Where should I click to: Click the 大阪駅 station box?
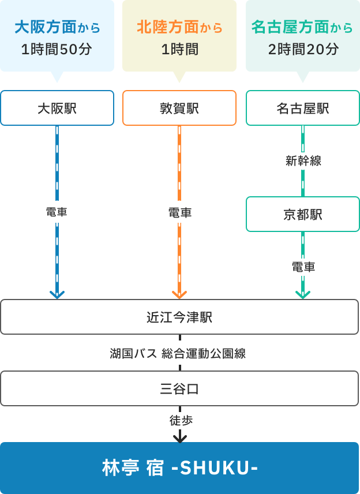[57, 108]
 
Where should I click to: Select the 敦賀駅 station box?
[179, 108]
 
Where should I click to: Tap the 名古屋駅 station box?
[303, 108]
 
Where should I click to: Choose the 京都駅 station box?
[303, 214]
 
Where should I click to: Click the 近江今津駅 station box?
[179, 317]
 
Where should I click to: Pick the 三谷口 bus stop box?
[179, 388]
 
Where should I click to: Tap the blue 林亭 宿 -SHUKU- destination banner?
[179, 467]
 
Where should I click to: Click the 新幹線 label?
[303, 161]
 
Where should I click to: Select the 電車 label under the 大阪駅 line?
[57, 212]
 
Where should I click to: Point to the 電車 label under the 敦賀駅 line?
[179, 212]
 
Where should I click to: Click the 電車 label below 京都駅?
[303, 267]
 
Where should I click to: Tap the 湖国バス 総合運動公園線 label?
[178, 353]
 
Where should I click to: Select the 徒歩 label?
[181, 421]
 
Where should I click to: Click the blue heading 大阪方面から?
[57, 27]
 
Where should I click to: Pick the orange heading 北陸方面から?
[179, 27]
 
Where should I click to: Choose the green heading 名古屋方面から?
[303, 27]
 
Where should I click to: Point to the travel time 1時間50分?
[57, 50]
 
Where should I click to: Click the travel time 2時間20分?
[303, 50]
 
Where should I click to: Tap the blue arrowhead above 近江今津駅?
[57, 294]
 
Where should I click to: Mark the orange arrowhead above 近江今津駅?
[179, 294]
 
